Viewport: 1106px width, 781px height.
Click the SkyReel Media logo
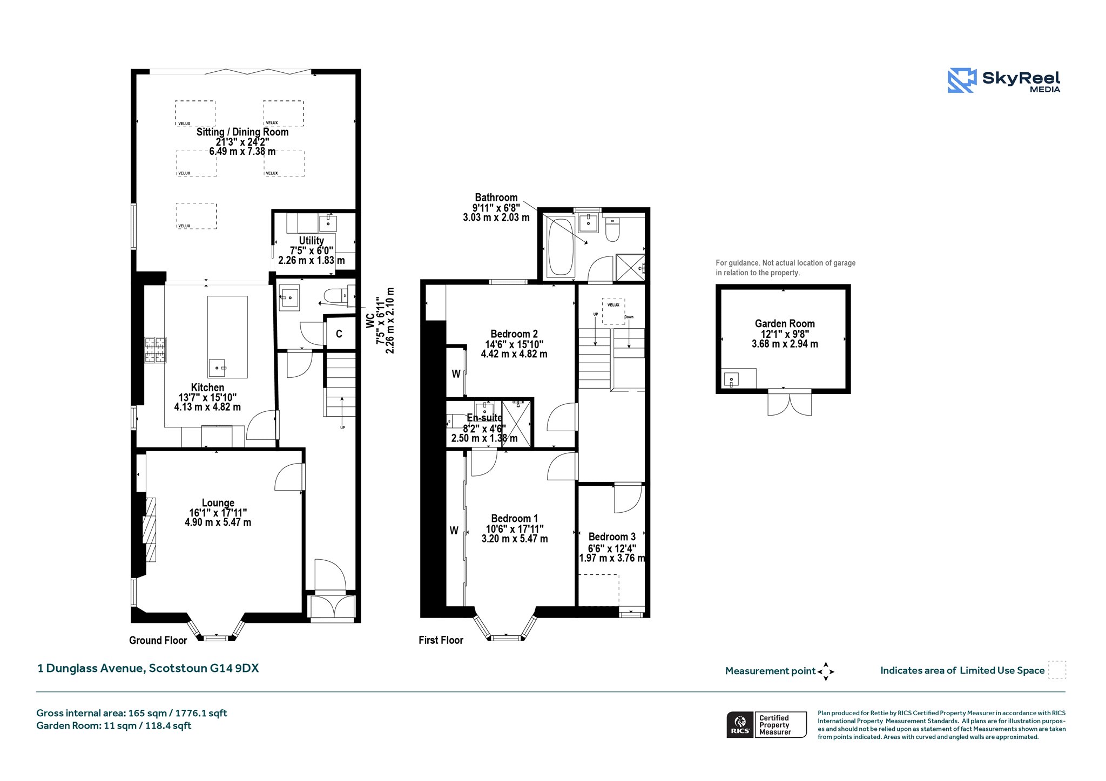pos(1003,80)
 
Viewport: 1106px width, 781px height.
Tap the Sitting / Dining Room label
pos(242,132)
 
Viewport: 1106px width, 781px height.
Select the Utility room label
pos(312,241)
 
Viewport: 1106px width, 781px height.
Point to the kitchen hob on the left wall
pos(155,350)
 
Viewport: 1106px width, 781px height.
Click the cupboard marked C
pos(339,334)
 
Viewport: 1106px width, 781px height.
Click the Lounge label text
pos(218,503)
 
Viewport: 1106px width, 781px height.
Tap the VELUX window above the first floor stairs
pos(613,311)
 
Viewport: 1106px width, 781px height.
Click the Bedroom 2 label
pos(514,334)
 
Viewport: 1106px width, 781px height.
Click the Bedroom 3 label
pos(612,536)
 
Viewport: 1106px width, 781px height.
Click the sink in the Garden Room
pos(731,379)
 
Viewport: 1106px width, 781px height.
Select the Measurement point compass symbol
pos(826,671)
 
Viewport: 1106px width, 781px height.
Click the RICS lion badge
pos(740,724)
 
